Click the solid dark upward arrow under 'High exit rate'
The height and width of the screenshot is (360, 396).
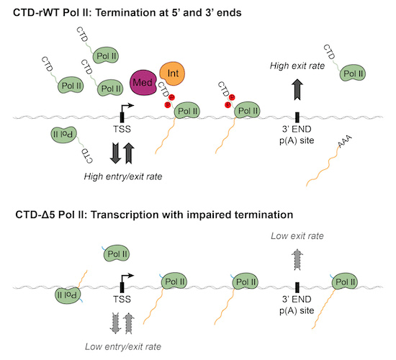coord(297,89)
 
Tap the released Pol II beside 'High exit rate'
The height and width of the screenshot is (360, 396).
coord(352,73)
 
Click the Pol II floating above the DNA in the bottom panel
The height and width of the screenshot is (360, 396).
coord(117,253)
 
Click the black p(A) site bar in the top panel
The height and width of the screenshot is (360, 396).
coord(297,117)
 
